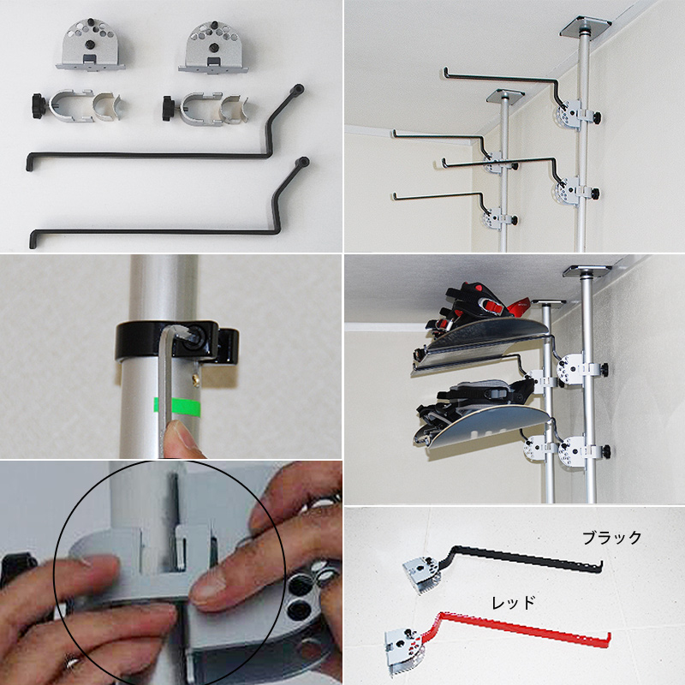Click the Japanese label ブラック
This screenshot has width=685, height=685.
611,538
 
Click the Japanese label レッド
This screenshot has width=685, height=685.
513,604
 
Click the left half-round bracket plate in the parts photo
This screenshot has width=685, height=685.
91,45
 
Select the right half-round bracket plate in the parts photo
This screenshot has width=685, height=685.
213,47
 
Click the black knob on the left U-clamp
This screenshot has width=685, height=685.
39,105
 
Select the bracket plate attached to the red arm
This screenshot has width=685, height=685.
404,650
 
